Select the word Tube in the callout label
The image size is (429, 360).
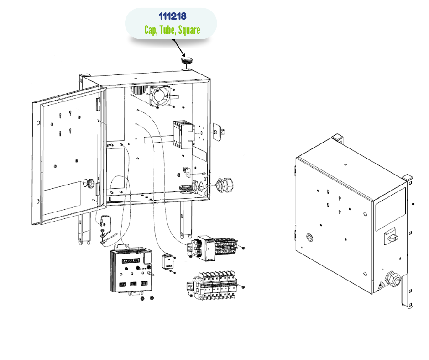click(167, 31)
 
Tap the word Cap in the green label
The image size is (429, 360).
click(151, 31)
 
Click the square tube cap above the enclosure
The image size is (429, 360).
click(187, 60)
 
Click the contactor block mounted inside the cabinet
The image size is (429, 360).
click(182, 134)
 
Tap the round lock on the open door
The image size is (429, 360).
click(91, 184)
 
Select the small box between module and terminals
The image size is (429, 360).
click(168, 262)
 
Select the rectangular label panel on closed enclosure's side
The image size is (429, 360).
click(390, 209)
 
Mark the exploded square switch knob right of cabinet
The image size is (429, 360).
click(220, 132)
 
